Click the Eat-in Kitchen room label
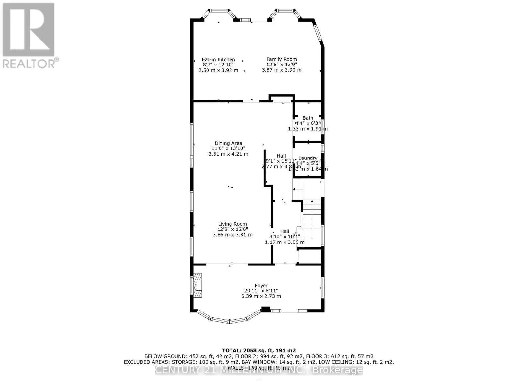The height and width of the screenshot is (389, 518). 218,60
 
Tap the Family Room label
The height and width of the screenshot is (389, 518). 281,59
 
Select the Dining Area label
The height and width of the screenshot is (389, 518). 228,143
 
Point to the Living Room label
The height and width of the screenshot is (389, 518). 232,224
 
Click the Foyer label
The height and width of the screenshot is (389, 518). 261,286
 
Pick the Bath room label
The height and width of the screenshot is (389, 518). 308,118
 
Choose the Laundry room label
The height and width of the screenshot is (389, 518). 308,158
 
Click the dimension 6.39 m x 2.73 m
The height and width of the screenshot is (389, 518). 261,296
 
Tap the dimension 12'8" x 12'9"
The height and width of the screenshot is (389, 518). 281,65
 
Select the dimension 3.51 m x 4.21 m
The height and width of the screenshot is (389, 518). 228,154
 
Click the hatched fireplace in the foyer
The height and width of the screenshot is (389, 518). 197,286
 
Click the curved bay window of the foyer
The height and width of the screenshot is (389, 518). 229,319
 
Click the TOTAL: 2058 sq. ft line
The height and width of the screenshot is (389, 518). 259,350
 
